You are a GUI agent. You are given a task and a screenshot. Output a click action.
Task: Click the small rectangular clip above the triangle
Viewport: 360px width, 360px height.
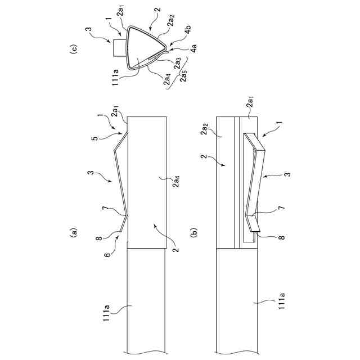click(119, 48)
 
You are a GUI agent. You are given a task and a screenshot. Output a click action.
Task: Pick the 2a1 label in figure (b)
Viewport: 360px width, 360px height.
click(250, 105)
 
